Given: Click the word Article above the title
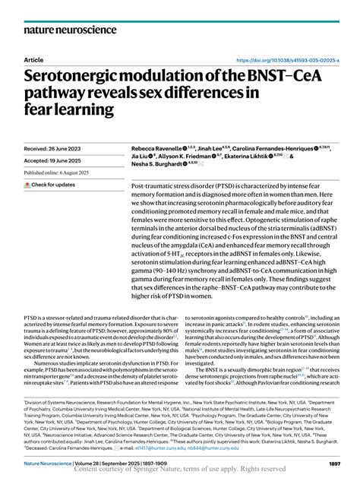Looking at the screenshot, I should (x=34, y=59).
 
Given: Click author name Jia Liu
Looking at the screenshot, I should (x=143, y=154).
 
